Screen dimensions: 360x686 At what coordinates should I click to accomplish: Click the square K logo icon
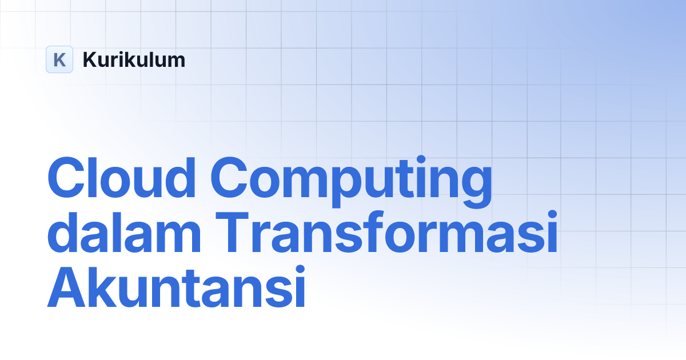click(x=59, y=59)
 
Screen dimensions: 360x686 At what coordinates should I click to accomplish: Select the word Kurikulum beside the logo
click(x=134, y=59)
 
